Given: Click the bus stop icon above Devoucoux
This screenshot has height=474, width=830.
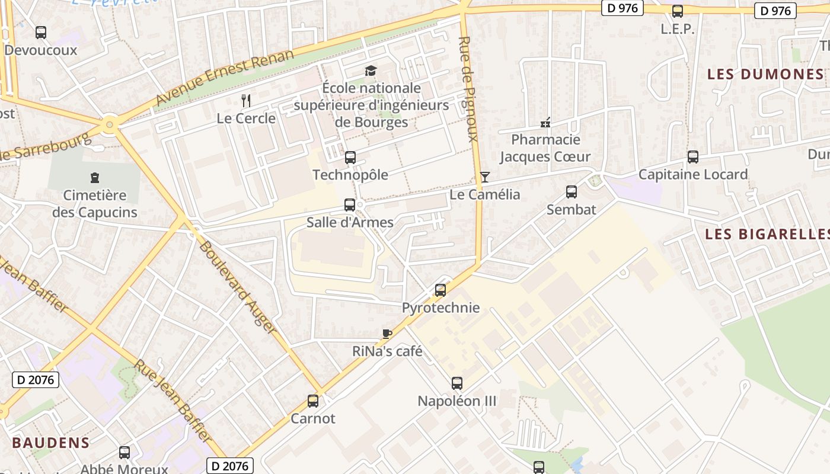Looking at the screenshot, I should tap(40, 33).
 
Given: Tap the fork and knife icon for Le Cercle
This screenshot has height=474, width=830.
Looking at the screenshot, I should tap(246, 101).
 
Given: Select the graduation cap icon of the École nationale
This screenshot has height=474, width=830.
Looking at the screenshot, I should tap(371, 71).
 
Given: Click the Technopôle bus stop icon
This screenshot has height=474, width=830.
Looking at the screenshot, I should tap(350, 158).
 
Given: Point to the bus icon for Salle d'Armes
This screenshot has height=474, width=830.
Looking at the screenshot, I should tap(350, 205).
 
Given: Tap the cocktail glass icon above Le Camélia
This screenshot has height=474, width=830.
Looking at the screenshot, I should tap(485, 177).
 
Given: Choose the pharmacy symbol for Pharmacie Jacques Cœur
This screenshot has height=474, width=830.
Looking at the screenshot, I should tap(545, 123).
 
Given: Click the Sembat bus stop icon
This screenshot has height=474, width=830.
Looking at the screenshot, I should tap(572, 192).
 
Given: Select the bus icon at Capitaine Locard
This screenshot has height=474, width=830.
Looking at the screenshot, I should tap(693, 157).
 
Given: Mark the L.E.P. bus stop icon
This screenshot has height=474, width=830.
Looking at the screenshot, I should tap(678, 11).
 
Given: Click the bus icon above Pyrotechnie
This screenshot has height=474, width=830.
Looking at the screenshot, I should tap(440, 290).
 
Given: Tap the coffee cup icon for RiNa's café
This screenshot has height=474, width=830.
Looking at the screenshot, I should tap(387, 334).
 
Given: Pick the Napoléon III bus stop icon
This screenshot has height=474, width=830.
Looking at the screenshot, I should tap(456, 383).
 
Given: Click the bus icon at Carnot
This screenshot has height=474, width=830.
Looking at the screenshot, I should tap(313, 401).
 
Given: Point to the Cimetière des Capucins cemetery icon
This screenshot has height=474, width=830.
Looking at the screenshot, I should tap(94, 177).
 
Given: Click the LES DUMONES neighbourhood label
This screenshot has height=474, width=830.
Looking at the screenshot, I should tap(765, 74).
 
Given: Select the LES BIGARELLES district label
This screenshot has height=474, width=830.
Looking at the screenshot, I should tap(767, 234).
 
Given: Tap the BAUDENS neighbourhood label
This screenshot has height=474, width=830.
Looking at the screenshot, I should tap(51, 443).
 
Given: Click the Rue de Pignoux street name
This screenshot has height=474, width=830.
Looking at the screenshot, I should tap(468, 89).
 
